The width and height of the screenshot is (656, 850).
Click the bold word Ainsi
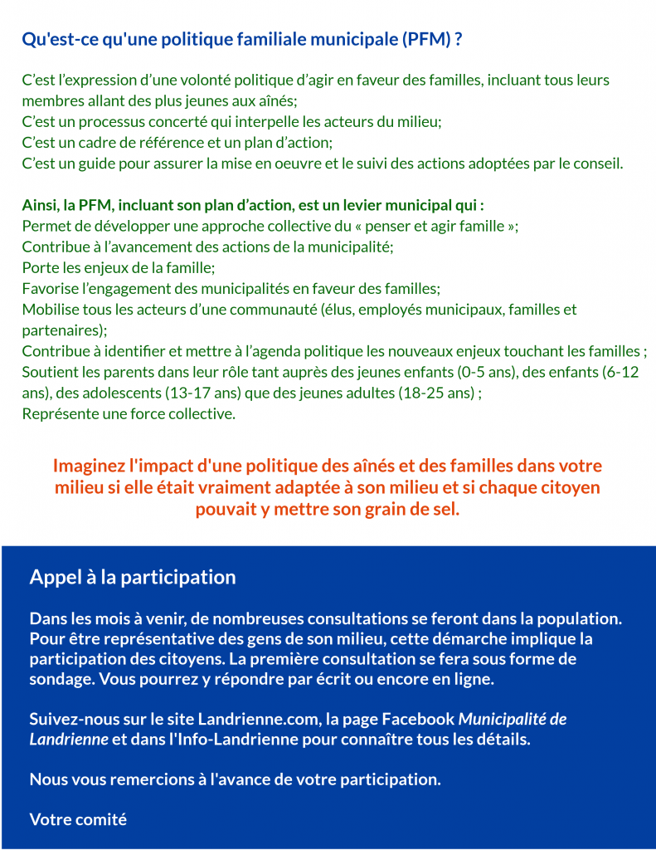point(40,204)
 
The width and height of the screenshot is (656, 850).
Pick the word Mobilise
point(51,310)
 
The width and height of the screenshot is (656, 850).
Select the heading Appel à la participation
point(133,577)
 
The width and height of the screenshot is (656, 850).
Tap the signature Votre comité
point(78,819)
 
